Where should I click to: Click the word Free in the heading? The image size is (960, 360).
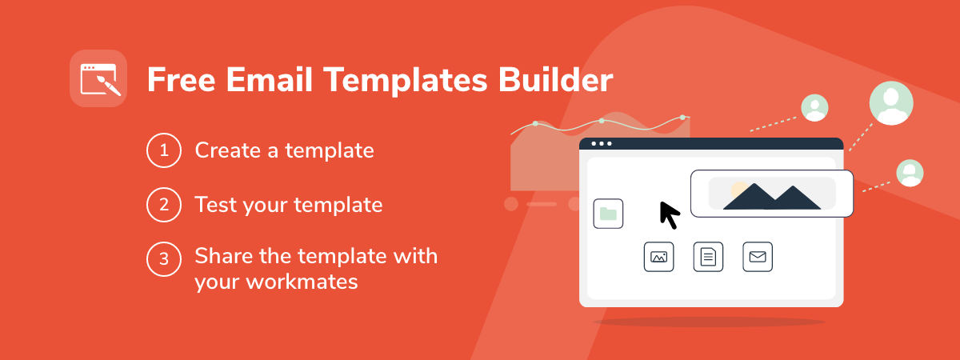click(x=181, y=80)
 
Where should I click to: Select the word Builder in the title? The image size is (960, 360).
click(x=555, y=80)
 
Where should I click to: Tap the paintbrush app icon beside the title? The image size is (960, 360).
click(x=98, y=78)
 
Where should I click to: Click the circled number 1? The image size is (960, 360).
click(x=164, y=150)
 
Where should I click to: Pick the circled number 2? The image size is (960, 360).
click(x=164, y=205)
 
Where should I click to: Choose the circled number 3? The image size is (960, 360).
click(x=164, y=259)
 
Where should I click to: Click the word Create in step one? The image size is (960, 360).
click(x=227, y=150)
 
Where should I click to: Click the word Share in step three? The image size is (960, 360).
click(x=223, y=256)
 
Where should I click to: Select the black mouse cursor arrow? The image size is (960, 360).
click(x=670, y=215)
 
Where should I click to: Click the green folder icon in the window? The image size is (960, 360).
click(x=608, y=214)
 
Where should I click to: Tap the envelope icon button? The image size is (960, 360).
click(x=758, y=257)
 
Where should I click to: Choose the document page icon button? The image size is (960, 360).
click(x=708, y=257)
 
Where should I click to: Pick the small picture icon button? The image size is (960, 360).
click(x=658, y=257)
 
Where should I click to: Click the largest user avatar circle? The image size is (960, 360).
click(x=891, y=103)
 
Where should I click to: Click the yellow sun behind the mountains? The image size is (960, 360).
click(x=738, y=190)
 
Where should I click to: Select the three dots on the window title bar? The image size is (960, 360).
click(x=602, y=143)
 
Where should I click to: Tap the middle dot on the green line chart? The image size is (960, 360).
click(x=602, y=121)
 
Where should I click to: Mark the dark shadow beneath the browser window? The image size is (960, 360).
click(x=710, y=322)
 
